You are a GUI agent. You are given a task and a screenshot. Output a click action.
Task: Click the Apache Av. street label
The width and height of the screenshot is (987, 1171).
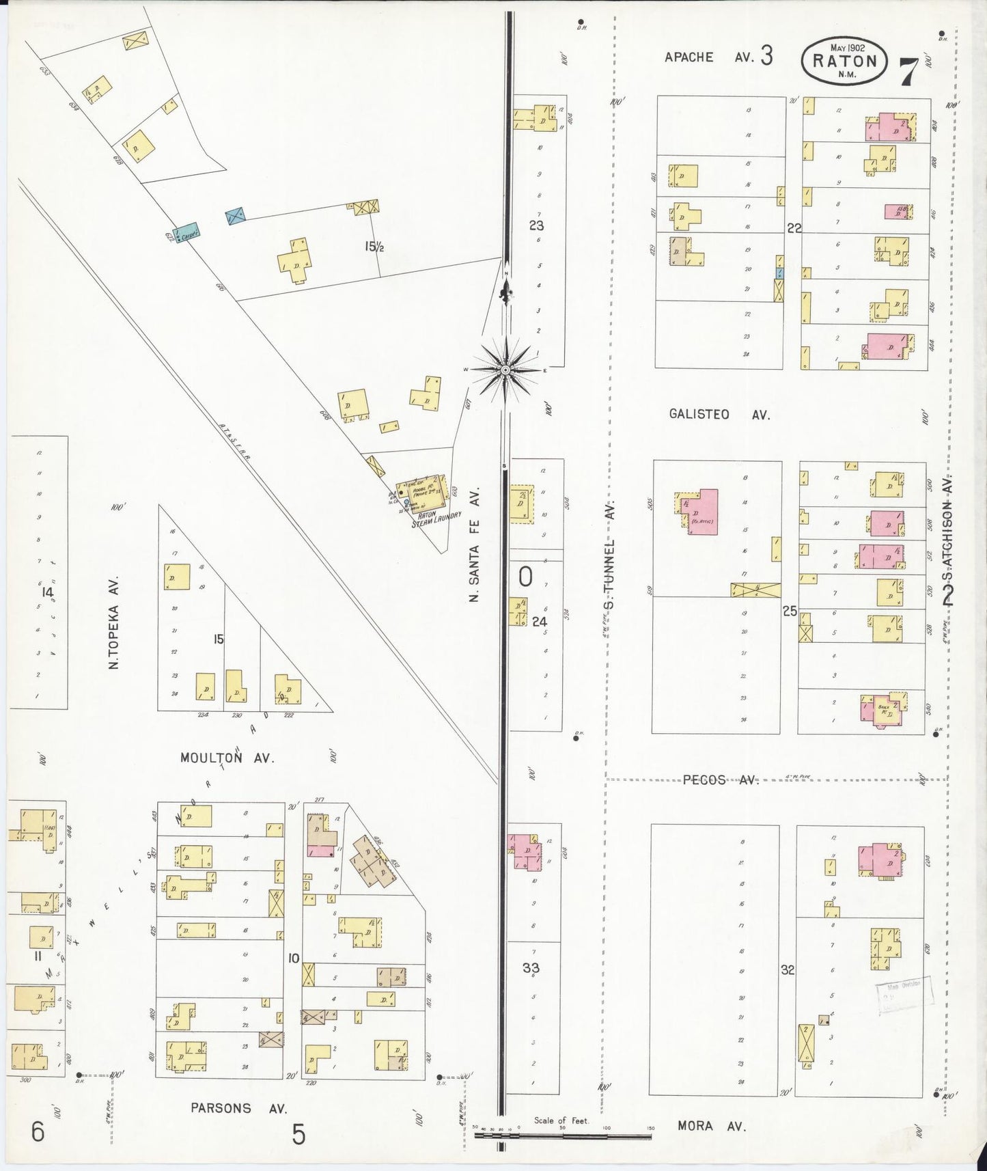[x=709, y=57]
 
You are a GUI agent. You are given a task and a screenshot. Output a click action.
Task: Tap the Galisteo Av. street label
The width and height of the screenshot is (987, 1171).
[x=719, y=414]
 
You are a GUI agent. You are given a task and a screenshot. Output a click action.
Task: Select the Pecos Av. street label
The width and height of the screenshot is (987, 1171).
[x=721, y=780]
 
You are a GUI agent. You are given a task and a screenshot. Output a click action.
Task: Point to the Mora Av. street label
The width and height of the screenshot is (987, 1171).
[x=711, y=1126]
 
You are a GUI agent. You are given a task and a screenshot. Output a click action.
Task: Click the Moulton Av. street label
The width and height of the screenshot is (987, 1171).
[x=227, y=758]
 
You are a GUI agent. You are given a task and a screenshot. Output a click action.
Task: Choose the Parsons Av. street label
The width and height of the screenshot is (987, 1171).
[x=238, y=1108]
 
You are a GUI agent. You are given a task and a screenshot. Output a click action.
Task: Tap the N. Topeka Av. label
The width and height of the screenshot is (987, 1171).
[x=114, y=622]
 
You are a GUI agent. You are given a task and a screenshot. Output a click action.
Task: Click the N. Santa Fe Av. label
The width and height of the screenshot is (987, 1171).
[x=474, y=545]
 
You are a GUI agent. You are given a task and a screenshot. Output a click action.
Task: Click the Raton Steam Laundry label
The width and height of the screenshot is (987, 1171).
[x=436, y=519]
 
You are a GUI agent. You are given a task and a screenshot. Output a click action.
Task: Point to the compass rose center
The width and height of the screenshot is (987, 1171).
[x=505, y=370]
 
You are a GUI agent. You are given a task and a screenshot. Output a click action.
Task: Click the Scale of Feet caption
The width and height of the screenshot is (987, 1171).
[x=561, y=1120]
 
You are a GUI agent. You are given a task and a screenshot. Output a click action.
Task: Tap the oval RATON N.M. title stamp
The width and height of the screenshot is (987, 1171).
[x=844, y=60]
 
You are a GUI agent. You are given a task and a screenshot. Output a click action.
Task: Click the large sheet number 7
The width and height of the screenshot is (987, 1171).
[x=907, y=72]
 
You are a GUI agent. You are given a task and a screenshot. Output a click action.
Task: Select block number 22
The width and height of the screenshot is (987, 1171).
[x=794, y=228]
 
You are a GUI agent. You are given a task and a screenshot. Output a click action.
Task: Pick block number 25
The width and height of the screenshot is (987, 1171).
[x=790, y=611]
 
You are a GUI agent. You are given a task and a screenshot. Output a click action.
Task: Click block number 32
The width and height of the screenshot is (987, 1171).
[x=788, y=969]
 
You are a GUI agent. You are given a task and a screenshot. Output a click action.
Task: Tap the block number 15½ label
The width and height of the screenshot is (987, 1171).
[x=374, y=247]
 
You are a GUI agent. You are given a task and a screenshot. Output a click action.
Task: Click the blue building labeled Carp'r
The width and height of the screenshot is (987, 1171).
[x=186, y=232]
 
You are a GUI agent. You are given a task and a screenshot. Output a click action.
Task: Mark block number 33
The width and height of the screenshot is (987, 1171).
[x=531, y=967]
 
